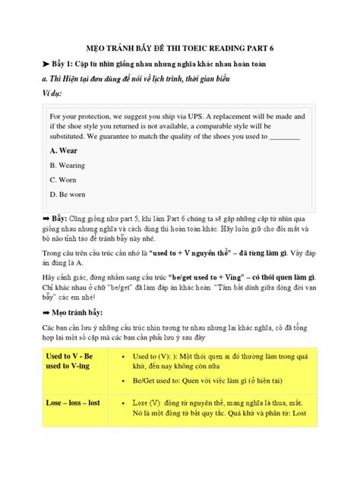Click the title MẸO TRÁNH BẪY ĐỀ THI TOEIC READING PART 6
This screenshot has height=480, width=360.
(x=179, y=48)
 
